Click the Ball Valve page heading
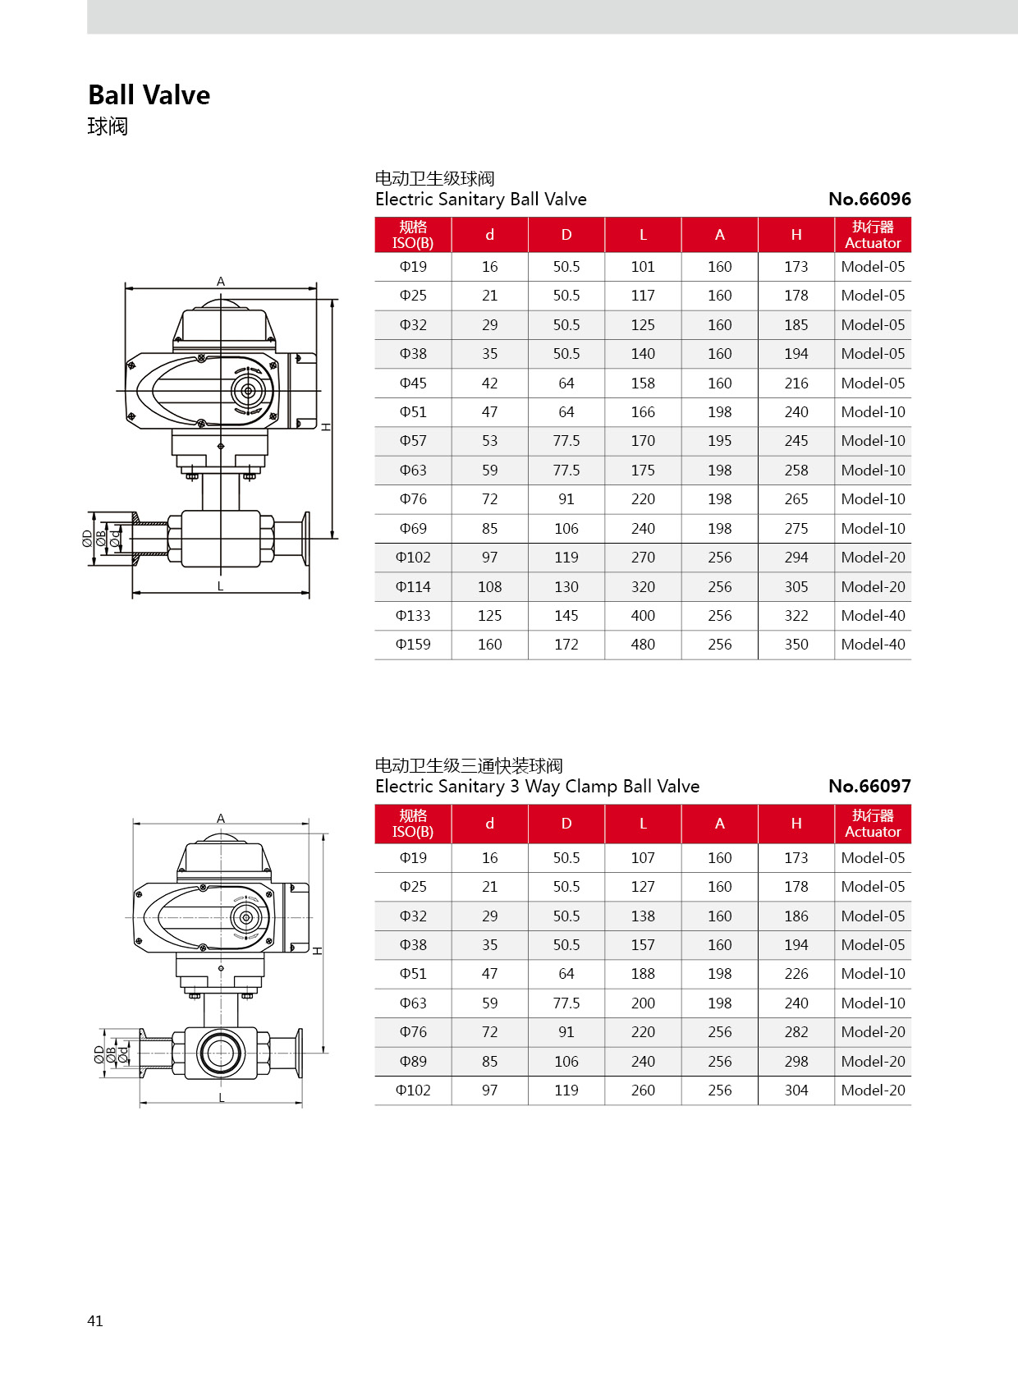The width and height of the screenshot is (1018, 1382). pos(149,95)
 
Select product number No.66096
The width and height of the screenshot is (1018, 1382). pos(869,200)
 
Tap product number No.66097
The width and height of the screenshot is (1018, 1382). pos(869,787)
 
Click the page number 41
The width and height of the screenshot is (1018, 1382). pos(95,1320)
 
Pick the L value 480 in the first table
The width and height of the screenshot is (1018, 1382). pos(643,645)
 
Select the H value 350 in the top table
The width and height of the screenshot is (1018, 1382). pos(796,645)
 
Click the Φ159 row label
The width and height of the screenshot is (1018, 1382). pos(413,645)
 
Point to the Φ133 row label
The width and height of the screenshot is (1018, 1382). pos(413,616)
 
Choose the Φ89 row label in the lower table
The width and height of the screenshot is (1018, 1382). pos(413,1062)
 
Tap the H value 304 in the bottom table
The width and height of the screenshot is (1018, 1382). pos(796,1090)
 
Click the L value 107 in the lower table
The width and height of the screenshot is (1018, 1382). pos(643,858)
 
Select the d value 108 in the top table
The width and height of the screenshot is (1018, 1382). pos(489,587)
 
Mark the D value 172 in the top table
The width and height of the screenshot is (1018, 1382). pos(566,645)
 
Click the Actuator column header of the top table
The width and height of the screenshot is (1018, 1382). pos(873,235)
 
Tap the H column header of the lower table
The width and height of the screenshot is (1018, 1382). pos(796,824)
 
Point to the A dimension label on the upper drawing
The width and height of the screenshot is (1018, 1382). pos(221,282)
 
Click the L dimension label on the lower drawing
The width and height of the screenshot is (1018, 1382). pos(221,1098)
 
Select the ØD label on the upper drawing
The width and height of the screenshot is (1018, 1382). pos(87,539)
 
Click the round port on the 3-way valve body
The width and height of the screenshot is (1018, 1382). pos(220,1052)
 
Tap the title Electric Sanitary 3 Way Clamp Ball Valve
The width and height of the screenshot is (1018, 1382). pos(537,787)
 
